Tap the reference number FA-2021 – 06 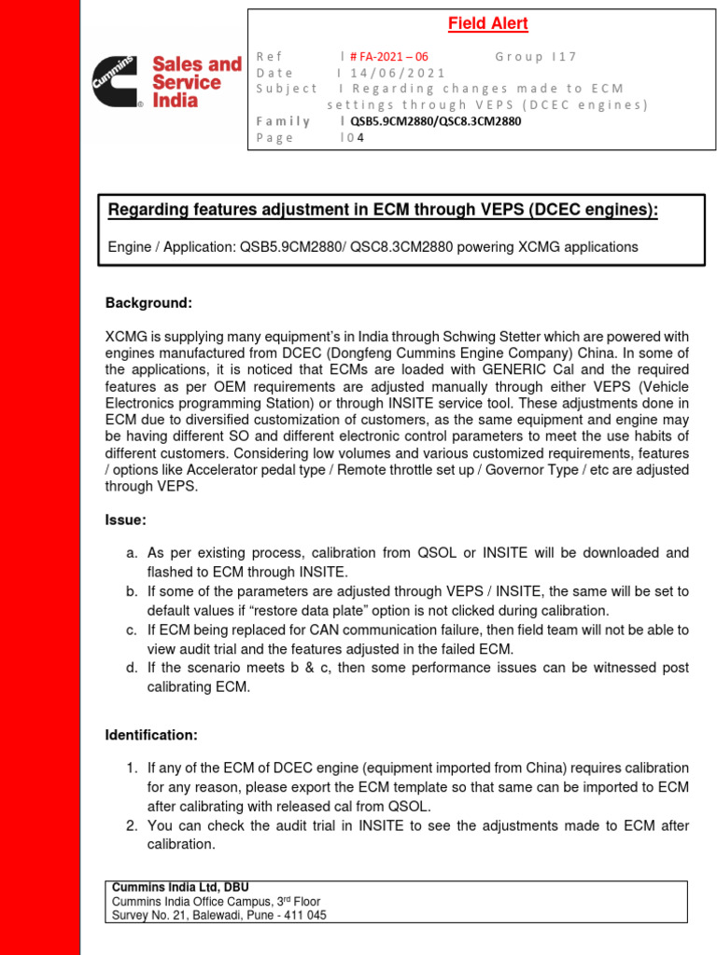click(388, 56)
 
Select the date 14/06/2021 click(397, 73)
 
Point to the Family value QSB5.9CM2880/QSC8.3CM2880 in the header click(435, 121)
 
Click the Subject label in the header click(287, 89)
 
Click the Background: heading click(148, 303)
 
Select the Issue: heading click(126, 519)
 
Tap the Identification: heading click(151, 735)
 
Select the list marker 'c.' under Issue click(132, 630)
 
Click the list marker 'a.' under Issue click(132, 553)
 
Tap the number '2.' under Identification click(132, 825)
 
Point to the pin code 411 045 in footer click(302, 915)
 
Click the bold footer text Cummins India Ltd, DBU click(180, 887)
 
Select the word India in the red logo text click(175, 100)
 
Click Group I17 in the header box click(536, 56)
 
